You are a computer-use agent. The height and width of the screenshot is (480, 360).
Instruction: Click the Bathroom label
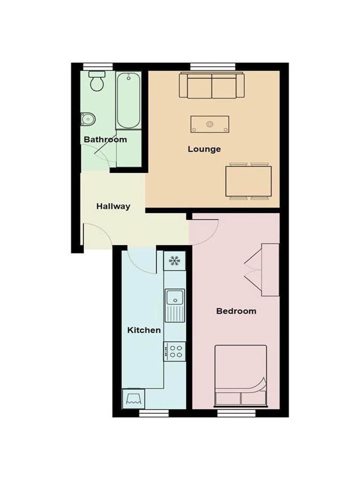pyautogui.click(x=105, y=140)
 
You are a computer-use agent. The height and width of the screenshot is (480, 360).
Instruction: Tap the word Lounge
pyautogui.click(x=204, y=149)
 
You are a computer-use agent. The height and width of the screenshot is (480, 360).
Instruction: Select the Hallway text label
pyautogui.click(x=113, y=206)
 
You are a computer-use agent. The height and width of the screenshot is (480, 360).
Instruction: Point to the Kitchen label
pyautogui.click(x=144, y=330)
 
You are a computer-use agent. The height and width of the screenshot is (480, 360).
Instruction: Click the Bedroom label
pyautogui.click(x=236, y=311)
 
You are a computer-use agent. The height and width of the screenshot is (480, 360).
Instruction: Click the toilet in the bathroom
pyautogui.click(x=97, y=81)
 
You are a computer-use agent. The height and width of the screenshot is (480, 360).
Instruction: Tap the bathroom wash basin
pyautogui.click(x=88, y=119)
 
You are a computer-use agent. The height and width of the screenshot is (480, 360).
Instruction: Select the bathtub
pyautogui.click(x=128, y=100)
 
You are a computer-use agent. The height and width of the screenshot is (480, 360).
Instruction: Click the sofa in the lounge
pyautogui.click(x=212, y=85)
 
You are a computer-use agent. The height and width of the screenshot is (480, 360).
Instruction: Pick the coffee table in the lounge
pyautogui.click(x=210, y=124)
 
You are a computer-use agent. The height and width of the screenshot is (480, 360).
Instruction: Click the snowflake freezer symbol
pyautogui.click(x=175, y=261)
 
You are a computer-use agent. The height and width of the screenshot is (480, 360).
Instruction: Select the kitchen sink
pyautogui.click(x=175, y=305)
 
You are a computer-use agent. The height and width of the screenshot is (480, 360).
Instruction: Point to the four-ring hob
pyautogui.click(x=175, y=351)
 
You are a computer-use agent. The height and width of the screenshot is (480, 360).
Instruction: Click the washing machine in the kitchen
pyautogui.click(x=133, y=398)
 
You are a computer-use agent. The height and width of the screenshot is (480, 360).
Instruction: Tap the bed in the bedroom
pyautogui.click(x=241, y=377)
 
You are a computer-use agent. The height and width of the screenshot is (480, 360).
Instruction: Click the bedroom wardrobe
pyautogui.click(x=270, y=270)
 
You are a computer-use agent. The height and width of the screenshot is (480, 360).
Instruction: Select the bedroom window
pyautogui.click(x=236, y=413)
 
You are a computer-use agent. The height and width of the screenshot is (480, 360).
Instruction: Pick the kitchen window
pyautogui.click(x=154, y=413)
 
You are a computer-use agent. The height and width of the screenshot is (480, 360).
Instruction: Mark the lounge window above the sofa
pyautogui.click(x=213, y=67)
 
